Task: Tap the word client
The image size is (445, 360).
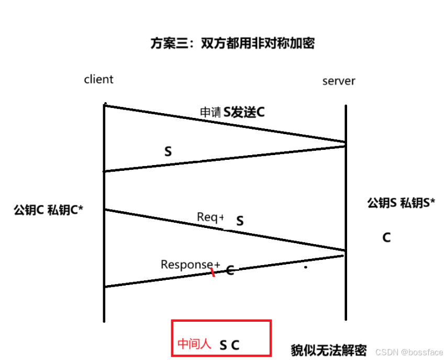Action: coord(98,80)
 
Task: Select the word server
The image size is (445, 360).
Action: coord(339,81)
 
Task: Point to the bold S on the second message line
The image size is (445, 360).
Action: coord(168,152)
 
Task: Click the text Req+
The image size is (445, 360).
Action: coord(210,217)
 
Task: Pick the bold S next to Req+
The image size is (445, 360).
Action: coord(240,221)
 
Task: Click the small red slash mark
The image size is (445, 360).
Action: coord(213,272)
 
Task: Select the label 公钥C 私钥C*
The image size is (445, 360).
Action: coord(49,210)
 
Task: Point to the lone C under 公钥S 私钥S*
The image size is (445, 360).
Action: coord(386,238)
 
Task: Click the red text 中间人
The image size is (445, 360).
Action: coord(194,344)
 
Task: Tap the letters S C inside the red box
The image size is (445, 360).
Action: coord(229,345)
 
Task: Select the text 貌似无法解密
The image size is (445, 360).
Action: coord(329,350)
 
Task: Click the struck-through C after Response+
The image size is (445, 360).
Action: coord(229,270)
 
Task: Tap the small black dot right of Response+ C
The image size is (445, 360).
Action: coord(306,268)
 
